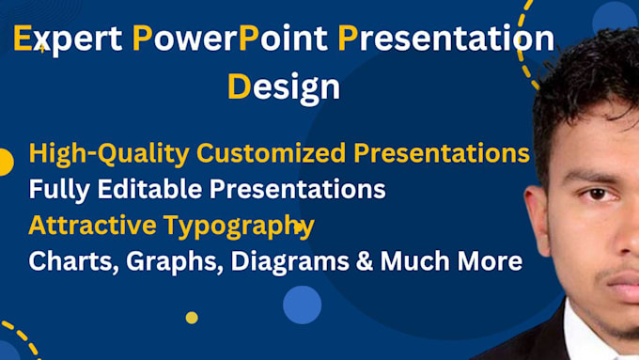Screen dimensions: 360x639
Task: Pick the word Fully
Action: (x=55, y=189)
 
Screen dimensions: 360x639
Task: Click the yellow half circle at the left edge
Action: (x=5, y=162)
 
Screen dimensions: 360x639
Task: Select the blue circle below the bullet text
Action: (x=302, y=305)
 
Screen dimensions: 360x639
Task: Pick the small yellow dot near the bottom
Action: (x=192, y=318)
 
